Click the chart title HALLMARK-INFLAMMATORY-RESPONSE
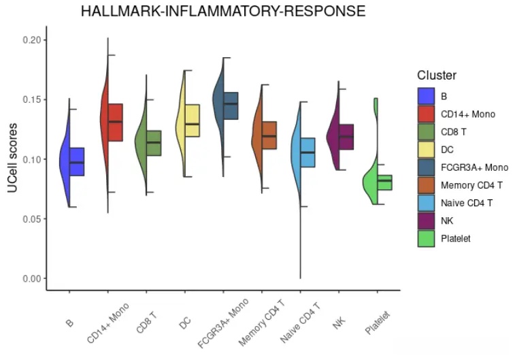pos(222,12)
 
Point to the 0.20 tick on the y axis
pos(32,40)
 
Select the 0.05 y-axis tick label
pos(32,218)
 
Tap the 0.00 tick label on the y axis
pos(32,278)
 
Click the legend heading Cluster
pos(437,76)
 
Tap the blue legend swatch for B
pos(427,96)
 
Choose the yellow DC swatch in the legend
pos(427,149)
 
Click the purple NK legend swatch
pos(427,220)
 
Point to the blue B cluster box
pos(76,161)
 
